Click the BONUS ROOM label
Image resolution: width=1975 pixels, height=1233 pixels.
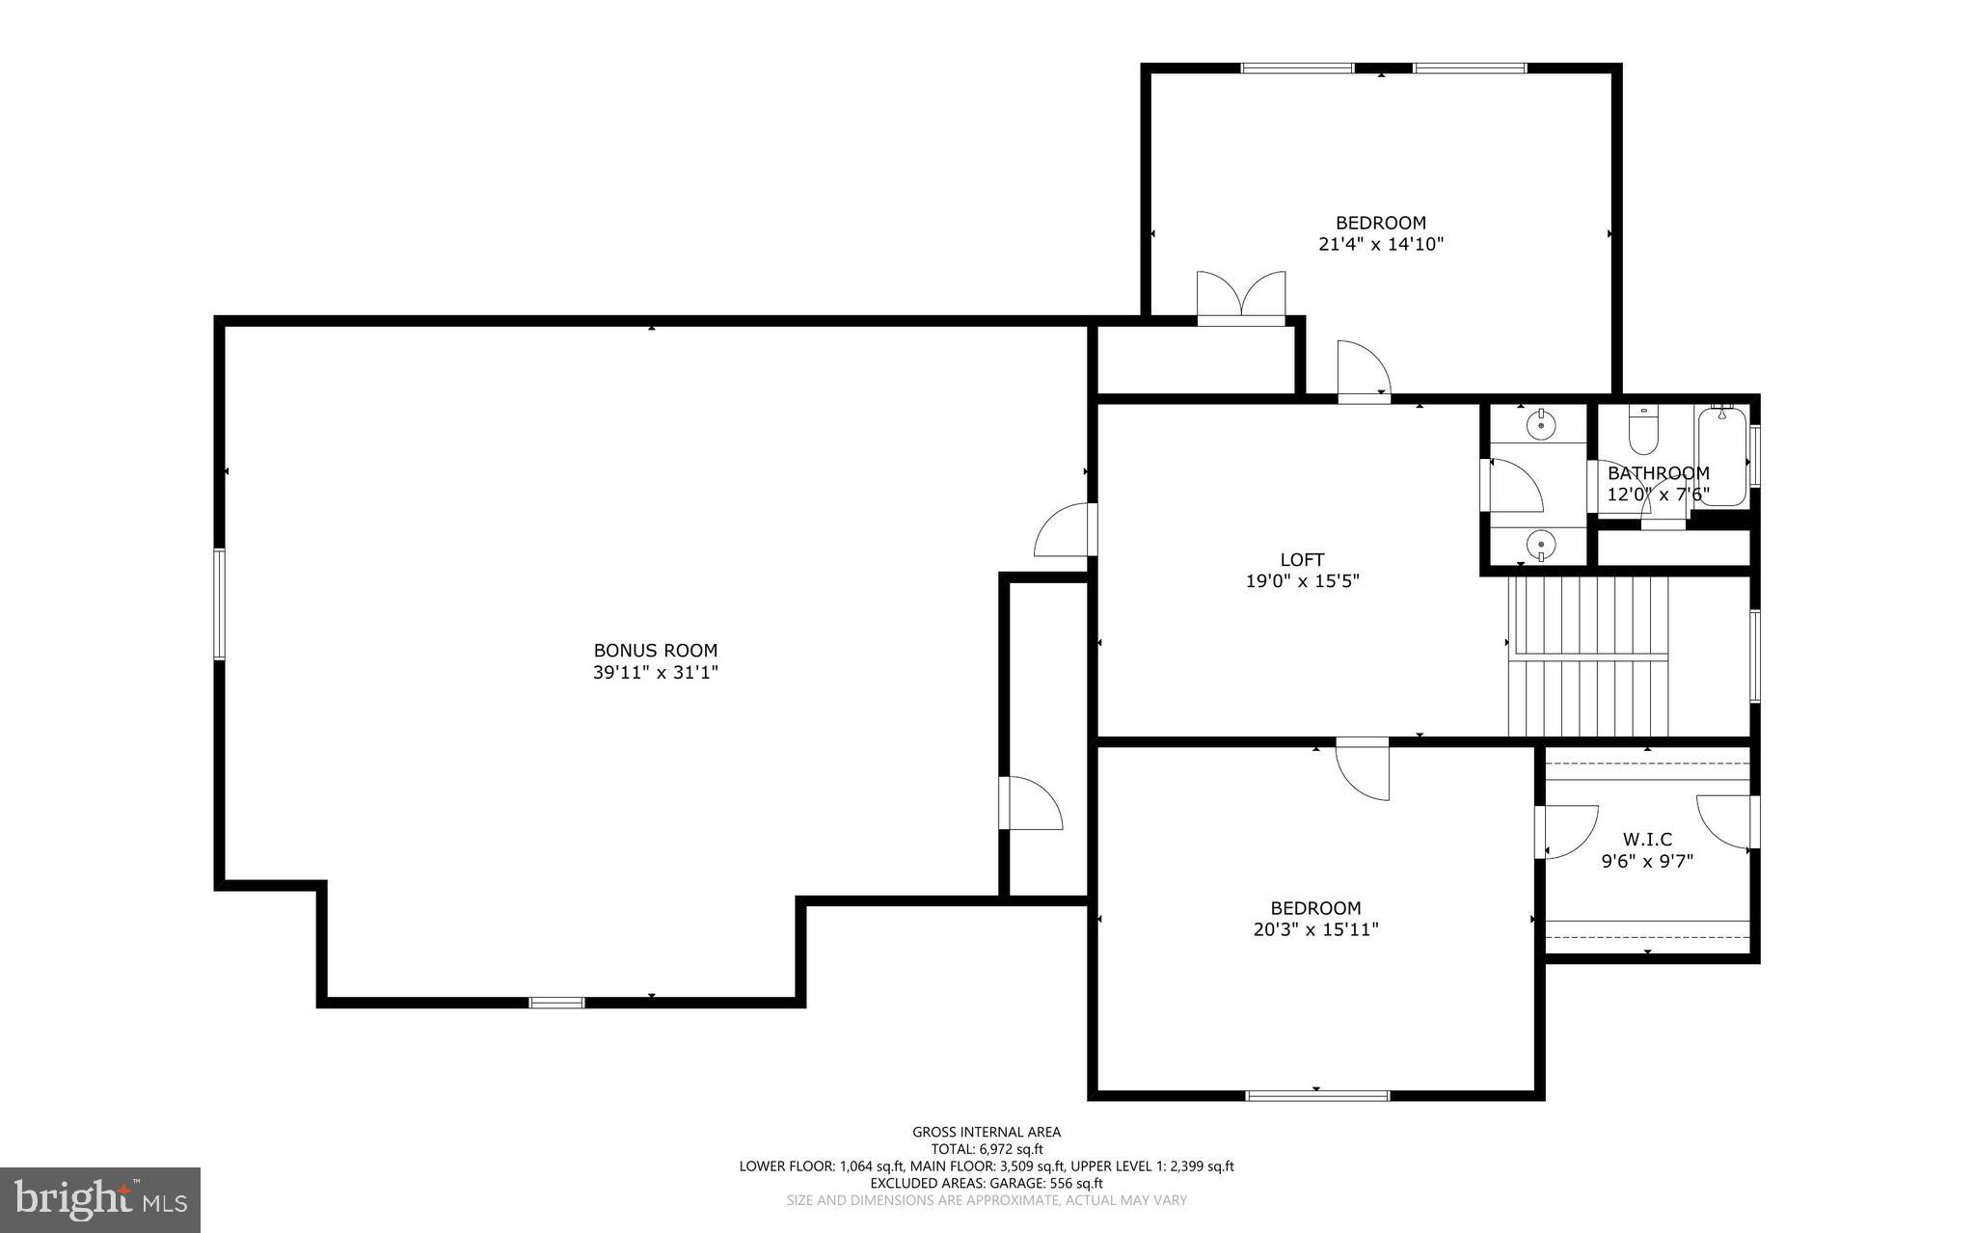[x=655, y=651]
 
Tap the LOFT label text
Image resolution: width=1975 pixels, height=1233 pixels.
[x=1302, y=559]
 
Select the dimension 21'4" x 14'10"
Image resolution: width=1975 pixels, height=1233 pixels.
[x=1380, y=244]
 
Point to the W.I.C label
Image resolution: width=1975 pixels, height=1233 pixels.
[x=1647, y=840]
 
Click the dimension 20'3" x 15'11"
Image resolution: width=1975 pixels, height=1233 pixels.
[x=1315, y=929]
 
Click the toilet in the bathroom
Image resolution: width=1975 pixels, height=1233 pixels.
[x=1642, y=430]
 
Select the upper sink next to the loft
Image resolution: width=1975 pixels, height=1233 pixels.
[x=1540, y=423]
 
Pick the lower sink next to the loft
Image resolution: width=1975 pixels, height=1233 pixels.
[x=1540, y=547]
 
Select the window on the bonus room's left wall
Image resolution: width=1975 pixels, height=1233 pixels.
[x=219, y=603]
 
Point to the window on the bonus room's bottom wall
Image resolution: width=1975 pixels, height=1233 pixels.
[x=556, y=1003]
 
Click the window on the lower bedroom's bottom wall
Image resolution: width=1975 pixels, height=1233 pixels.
[x=1317, y=1095]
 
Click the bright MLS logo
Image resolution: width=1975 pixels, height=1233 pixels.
[x=100, y=1199]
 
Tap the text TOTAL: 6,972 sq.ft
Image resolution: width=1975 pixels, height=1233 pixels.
[x=987, y=1149]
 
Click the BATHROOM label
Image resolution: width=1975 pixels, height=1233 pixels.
[x=1658, y=473]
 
